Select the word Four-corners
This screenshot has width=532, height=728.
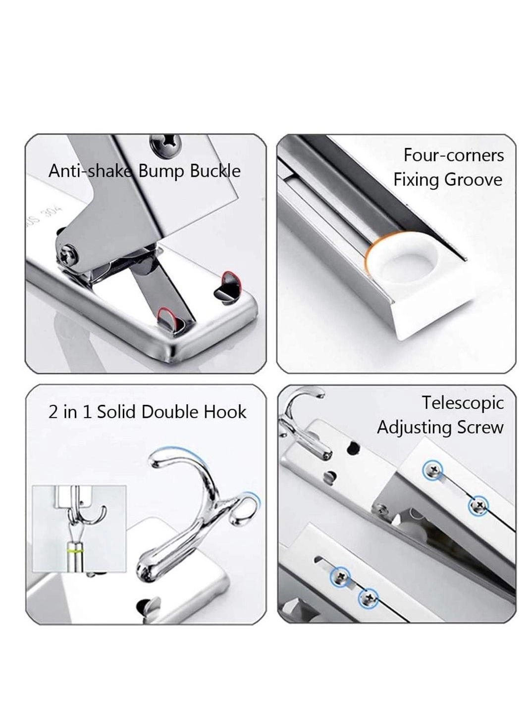click(453, 155)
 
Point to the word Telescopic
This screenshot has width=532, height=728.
click(462, 402)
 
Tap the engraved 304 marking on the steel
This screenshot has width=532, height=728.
click(45, 214)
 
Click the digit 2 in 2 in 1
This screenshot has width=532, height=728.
click(53, 412)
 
